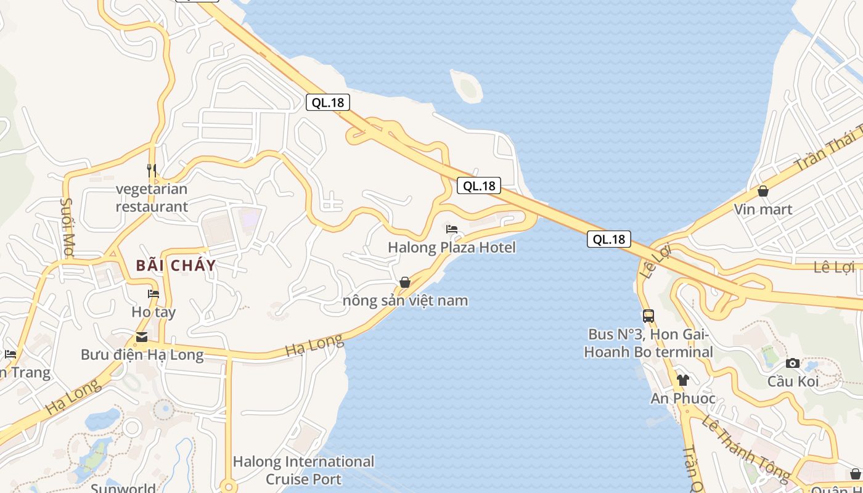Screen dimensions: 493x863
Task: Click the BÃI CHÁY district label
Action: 176,266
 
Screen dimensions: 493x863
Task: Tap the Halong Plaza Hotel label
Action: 452,248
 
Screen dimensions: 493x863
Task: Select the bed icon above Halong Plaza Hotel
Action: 452,229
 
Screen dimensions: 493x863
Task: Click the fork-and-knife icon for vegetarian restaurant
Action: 152,169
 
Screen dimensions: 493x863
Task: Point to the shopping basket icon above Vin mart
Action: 763,191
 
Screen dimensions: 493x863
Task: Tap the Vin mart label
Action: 763,210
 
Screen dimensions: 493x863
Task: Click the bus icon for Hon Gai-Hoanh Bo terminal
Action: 648,316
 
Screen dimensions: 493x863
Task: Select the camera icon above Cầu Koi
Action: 793,364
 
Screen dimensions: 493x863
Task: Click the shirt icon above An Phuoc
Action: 682,380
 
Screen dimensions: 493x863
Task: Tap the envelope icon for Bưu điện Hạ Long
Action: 142,336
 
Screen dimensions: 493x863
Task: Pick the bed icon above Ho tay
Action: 153,294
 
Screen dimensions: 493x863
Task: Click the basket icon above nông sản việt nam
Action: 405,282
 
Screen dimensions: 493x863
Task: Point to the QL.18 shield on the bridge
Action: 609,239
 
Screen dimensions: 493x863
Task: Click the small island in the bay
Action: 467,85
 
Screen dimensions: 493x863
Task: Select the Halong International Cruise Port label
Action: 303,470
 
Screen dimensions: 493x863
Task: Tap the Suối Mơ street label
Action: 67,222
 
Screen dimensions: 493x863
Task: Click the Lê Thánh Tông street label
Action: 746,447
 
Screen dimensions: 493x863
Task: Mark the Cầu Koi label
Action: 793,381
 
